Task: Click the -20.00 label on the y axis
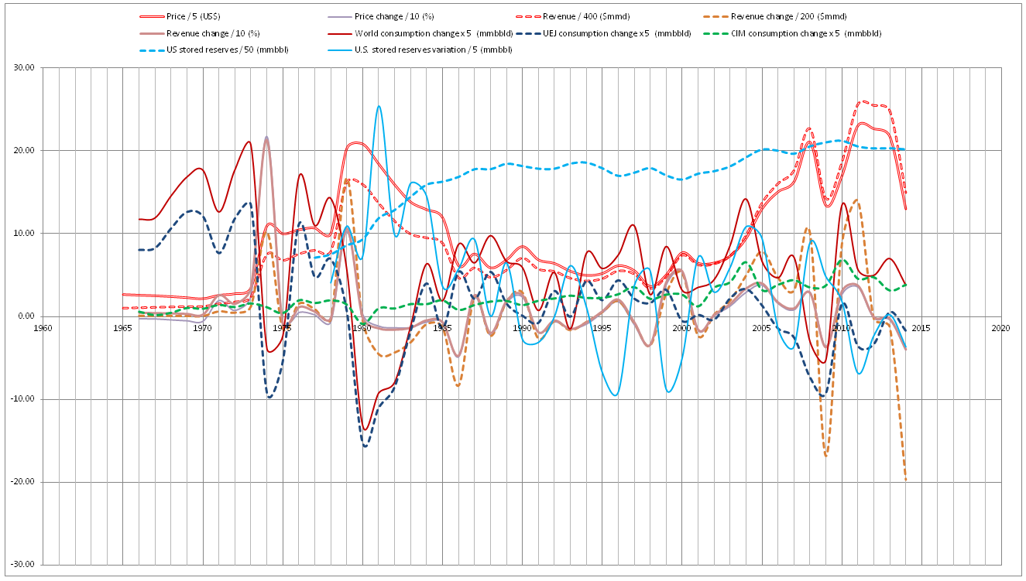click(25, 482)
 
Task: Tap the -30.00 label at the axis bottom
click(25, 565)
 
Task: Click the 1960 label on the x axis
click(43, 328)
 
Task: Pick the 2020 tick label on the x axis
click(1000, 328)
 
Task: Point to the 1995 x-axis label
click(602, 328)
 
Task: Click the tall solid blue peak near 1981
click(379, 107)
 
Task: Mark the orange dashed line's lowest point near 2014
click(905, 480)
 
